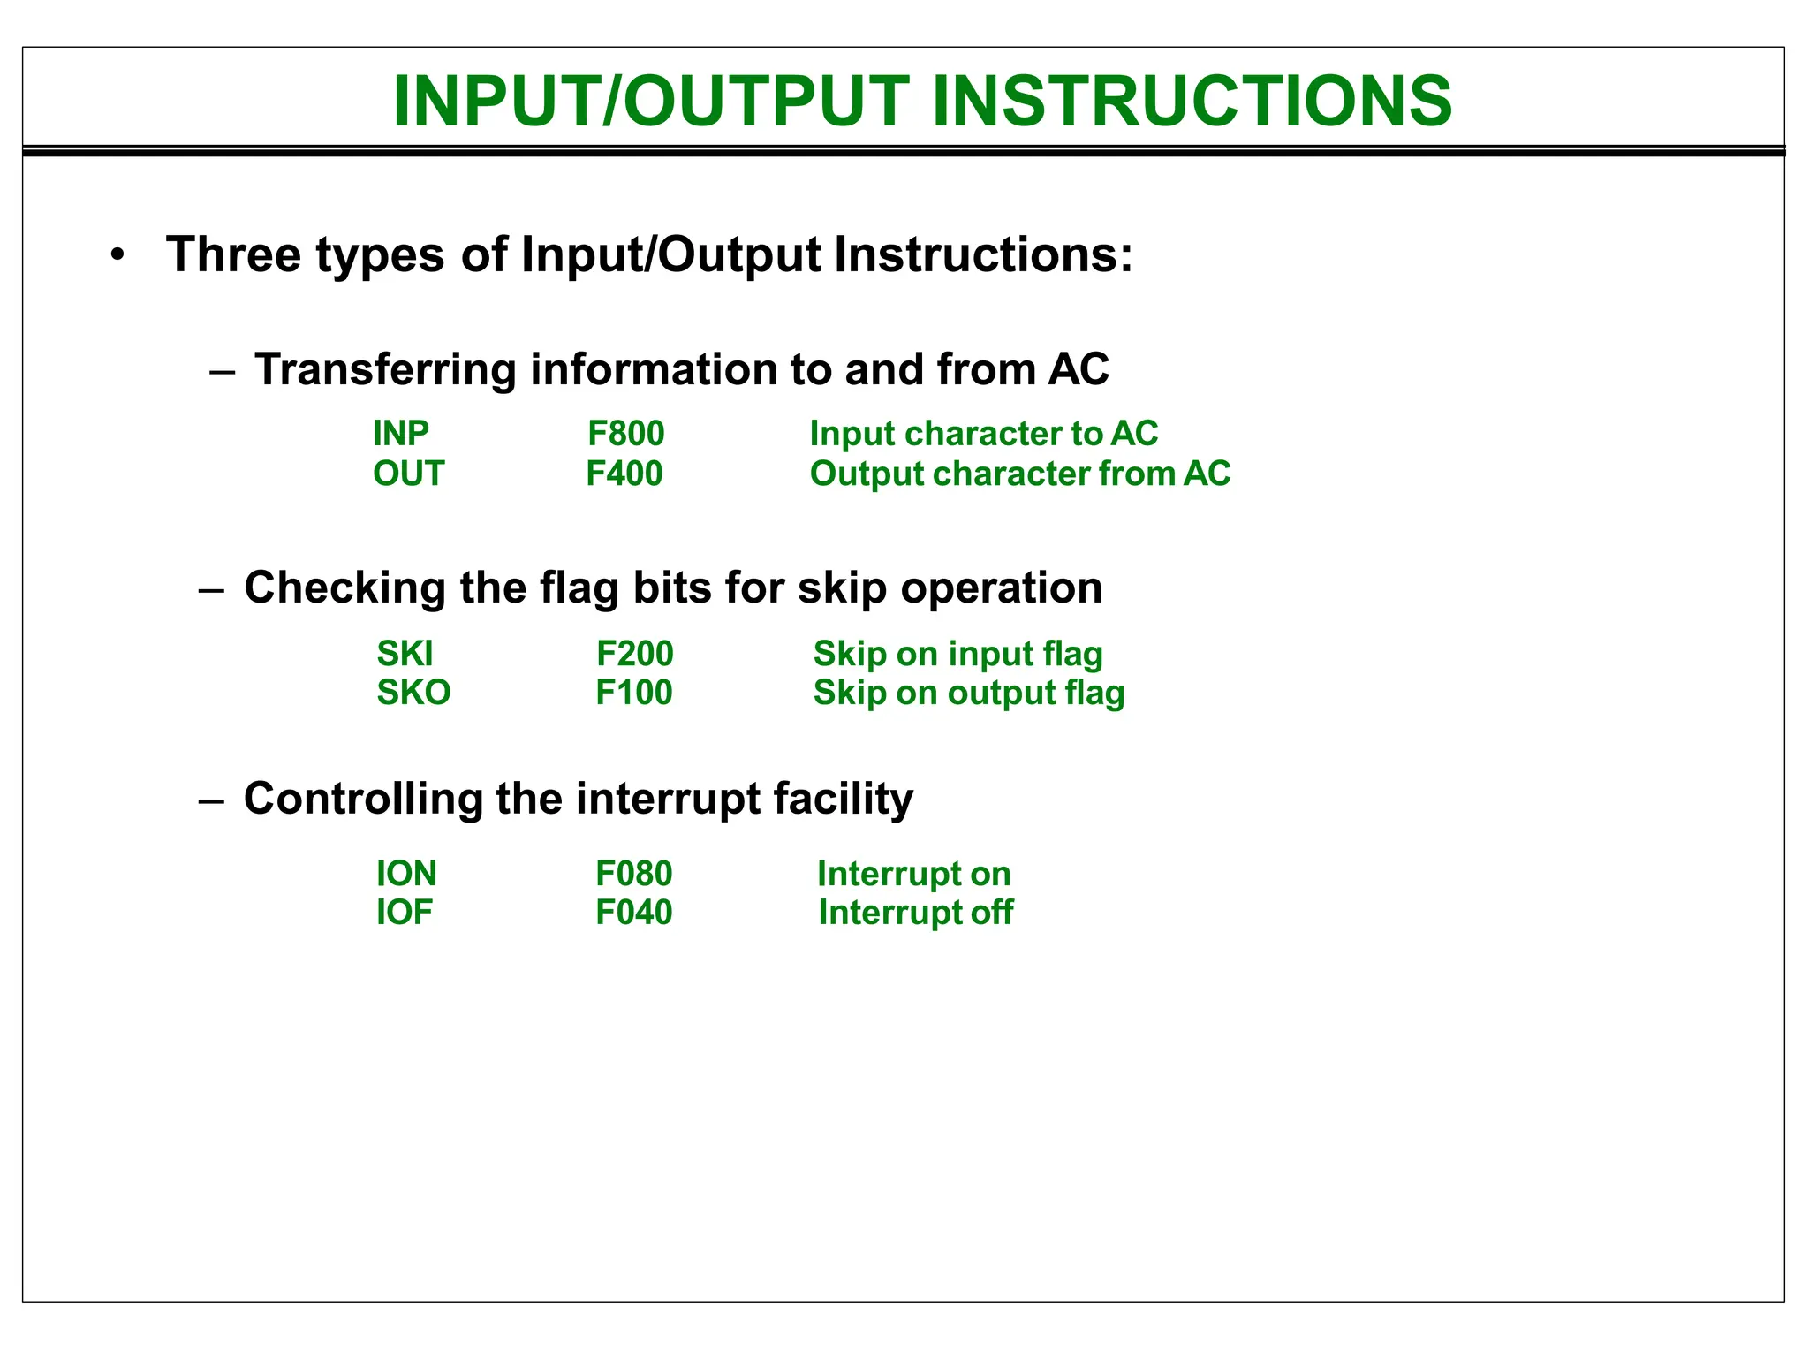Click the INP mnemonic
(400, 433)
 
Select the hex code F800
(625, 433)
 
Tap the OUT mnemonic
(408, 474)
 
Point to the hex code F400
(624, 474)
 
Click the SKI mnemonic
(405, 654)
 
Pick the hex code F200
(634, 654)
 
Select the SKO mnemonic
(413, 693)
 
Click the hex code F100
(633, 693)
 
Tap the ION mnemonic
(406, 874)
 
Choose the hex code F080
(633, 874)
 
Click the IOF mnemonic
(404, 913)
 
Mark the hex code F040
(633, 913)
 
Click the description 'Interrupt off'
(915, 913)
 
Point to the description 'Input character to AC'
(983, 433)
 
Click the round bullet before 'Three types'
(117, 256)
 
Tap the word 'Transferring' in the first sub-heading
(385, 369)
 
